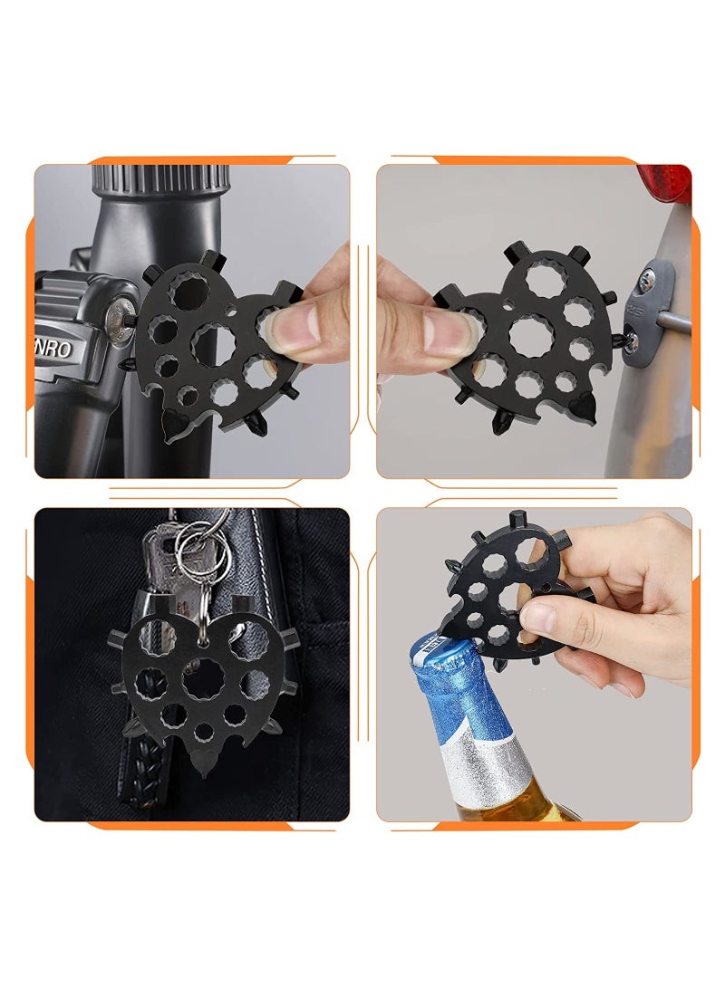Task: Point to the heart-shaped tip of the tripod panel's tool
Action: pyautogui.click(x=171, y=422)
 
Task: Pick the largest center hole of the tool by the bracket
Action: pyautogui.click(x=530, y=336)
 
